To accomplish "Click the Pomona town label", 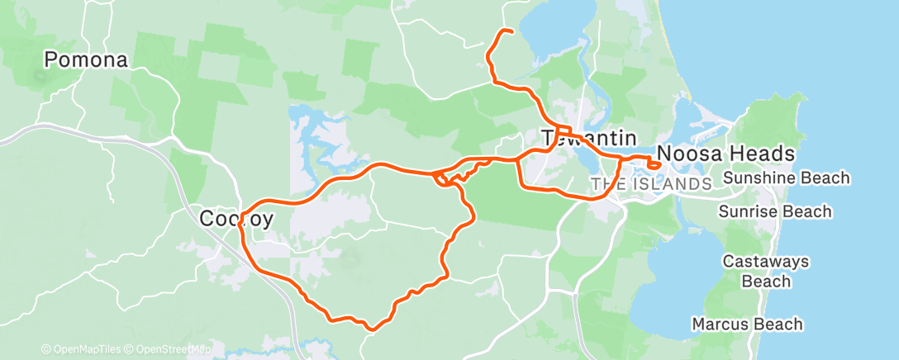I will (86, 60).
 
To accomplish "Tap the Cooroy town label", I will (235, 220).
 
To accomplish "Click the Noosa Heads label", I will (725, 154).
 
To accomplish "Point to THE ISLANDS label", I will (651, 183).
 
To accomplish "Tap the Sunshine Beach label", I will (786, 178).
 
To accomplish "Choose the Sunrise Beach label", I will (774, 212).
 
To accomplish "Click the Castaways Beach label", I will (766, 272).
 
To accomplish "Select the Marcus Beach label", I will (747, 324).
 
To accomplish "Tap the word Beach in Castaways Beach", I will (766, 282).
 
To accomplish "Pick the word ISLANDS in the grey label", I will (671, 183).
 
